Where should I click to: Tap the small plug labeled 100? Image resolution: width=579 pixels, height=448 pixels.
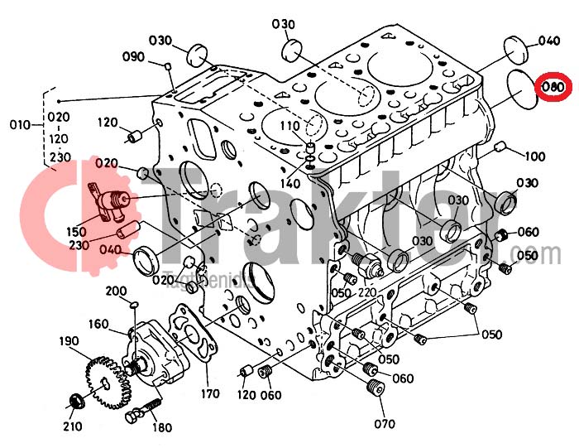point(499,147)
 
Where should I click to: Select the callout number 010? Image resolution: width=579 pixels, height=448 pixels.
point(18,125)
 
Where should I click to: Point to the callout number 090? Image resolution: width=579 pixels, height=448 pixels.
point(134,57)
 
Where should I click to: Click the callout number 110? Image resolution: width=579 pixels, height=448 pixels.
point(288,126)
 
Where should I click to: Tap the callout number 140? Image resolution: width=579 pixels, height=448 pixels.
point(289,183)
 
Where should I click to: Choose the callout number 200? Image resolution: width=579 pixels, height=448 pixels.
point(116,291)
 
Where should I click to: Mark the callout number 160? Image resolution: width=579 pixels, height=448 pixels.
point(98,324)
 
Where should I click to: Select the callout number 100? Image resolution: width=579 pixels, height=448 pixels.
point(534,157)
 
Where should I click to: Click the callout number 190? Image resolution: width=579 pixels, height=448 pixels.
point(69,342)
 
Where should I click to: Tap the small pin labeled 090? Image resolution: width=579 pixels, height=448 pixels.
point(167,67)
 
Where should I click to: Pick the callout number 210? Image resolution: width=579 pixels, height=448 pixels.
point(72,426)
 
